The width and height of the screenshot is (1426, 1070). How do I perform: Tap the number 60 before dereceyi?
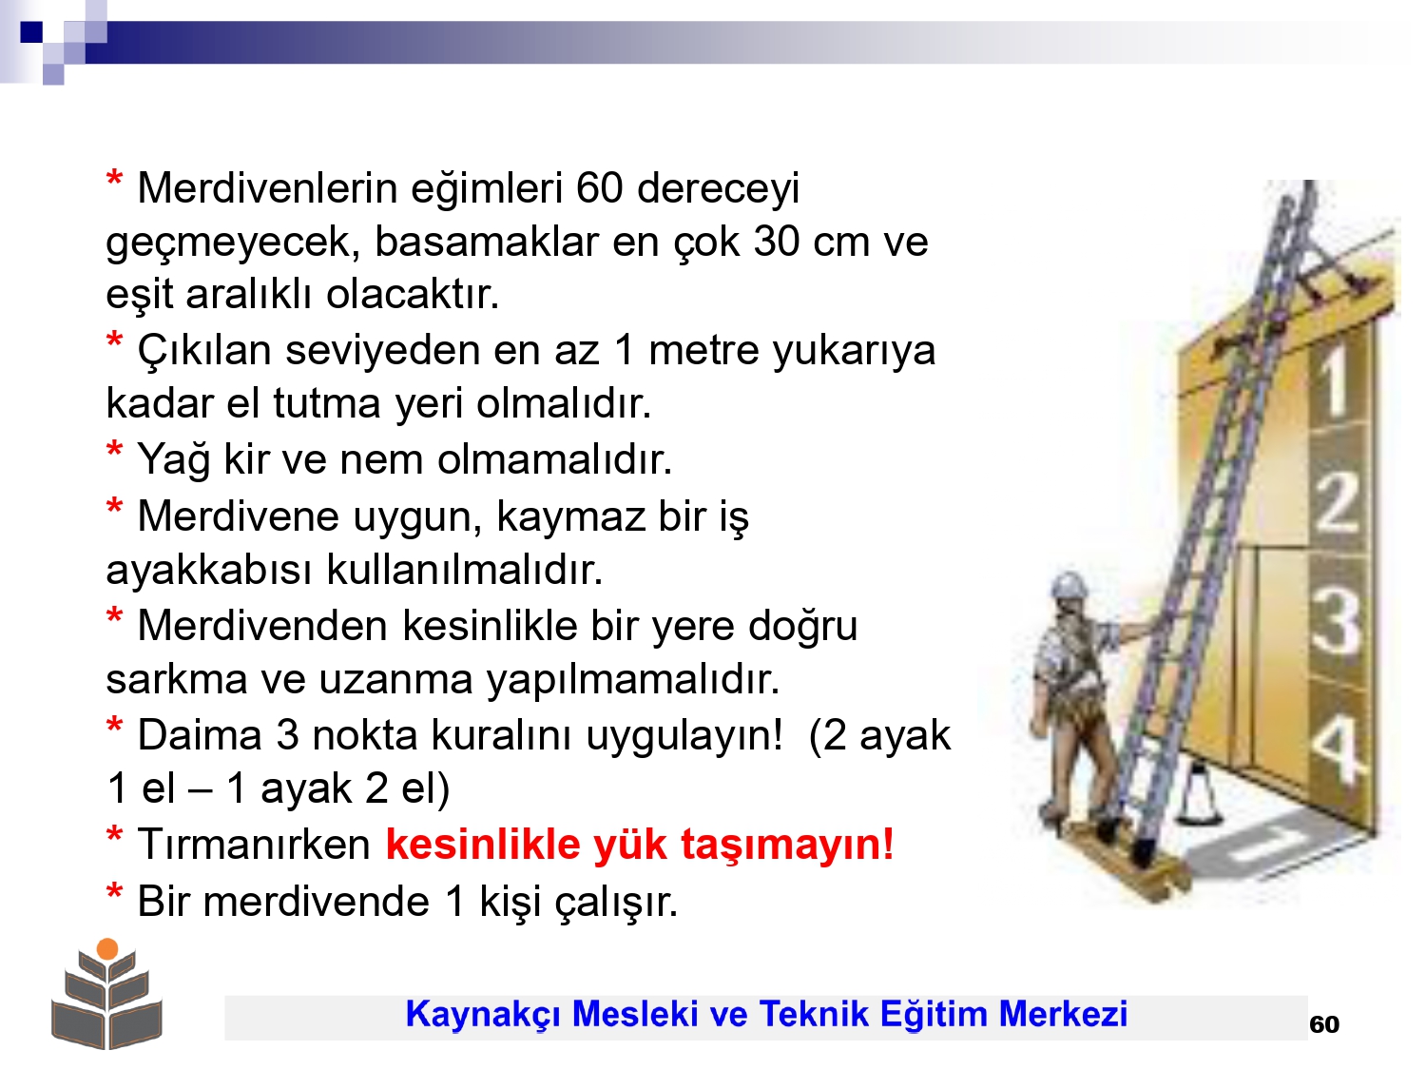point(599,188)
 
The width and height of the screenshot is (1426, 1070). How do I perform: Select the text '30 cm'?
point(812,243)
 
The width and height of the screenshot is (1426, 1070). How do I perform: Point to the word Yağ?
point(173,460)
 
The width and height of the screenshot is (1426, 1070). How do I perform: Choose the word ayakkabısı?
point(210,571)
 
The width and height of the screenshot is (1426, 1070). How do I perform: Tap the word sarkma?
point(177,679)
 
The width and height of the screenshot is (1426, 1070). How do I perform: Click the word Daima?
point(200,736)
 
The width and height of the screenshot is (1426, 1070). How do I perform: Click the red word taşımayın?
point(787,846)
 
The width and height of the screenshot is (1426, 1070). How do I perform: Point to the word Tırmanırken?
point(254,845)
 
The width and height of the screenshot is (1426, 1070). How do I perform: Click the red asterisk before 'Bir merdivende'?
point(114,891)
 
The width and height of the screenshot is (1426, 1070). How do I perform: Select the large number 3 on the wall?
point(1336,620)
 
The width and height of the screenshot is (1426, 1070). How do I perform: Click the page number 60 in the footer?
point(1324,1024)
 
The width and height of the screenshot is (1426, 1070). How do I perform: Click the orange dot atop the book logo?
point(107,949)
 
